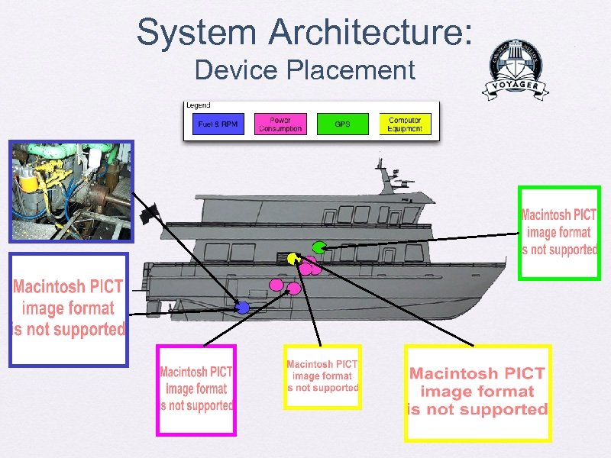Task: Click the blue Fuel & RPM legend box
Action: (218, 124)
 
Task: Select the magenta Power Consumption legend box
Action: (280, 124)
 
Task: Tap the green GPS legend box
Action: (342, 124)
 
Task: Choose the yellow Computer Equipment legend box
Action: (405, 124)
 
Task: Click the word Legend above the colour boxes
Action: (198, 105)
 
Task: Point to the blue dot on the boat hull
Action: (242, 308)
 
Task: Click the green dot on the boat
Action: (319, 247)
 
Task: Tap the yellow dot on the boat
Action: (292, 258)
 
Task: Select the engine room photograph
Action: (70, 191)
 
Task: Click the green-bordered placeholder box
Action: (559, 233)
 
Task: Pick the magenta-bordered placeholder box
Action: (196, 390)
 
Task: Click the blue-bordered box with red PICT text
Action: (68, 309)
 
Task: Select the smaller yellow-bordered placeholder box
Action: (322, 377)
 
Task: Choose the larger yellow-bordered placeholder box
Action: (477, 392)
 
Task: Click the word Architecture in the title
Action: (370, 32)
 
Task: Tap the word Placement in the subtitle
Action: (351, 70)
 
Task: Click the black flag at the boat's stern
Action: (148, 211)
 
